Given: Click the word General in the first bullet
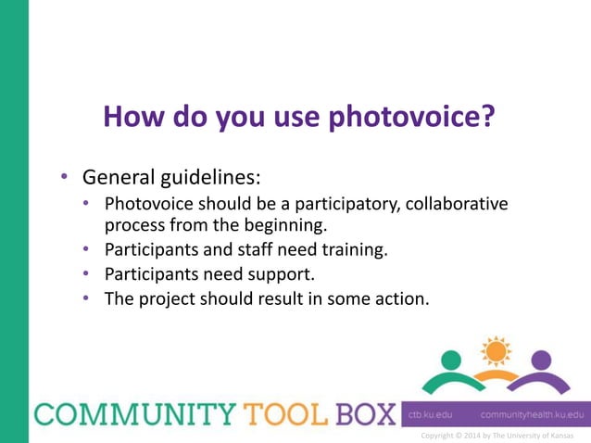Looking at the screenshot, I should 119,175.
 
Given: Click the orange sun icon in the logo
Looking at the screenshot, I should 497,351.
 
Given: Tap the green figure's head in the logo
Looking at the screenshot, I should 451,360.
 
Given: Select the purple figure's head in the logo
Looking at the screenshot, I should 542,360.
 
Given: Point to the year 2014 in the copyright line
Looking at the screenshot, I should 480,436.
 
